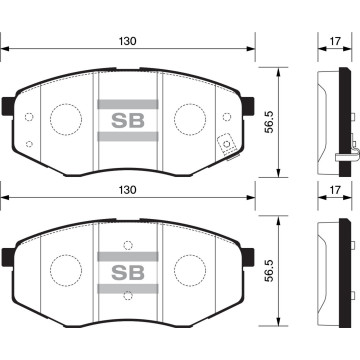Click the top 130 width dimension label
(x=125, y=41)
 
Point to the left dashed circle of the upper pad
(x=66, y=119)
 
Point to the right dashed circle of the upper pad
(x=189, y=119)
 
